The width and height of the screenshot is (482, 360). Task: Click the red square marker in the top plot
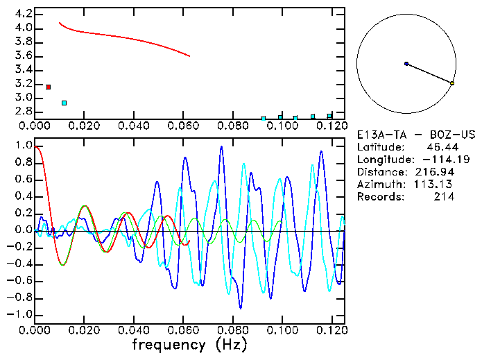pos(48,87)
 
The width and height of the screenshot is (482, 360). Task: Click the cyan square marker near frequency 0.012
pos(64,103)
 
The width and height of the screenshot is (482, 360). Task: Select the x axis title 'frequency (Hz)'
pos(190,345)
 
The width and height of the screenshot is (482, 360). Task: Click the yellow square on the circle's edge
pos(452,83)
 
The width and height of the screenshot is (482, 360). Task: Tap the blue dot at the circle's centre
pos(406,64)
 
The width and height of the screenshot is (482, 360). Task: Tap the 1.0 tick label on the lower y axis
pos(24,146)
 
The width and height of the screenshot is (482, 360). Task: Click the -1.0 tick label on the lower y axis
pos(21,315)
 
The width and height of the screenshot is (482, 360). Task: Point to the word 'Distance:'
pos(382,172)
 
